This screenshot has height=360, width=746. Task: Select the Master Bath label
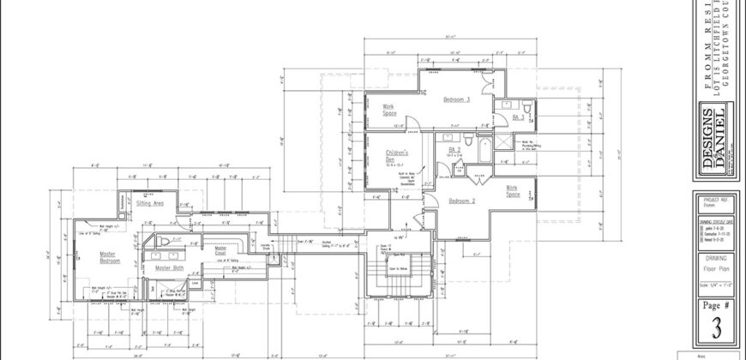tap(169, 268)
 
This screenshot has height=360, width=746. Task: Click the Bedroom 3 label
tap(456, 100)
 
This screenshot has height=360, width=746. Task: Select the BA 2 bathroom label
tap(456, 150)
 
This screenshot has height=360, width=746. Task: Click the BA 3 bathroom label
tap(518, 117)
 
